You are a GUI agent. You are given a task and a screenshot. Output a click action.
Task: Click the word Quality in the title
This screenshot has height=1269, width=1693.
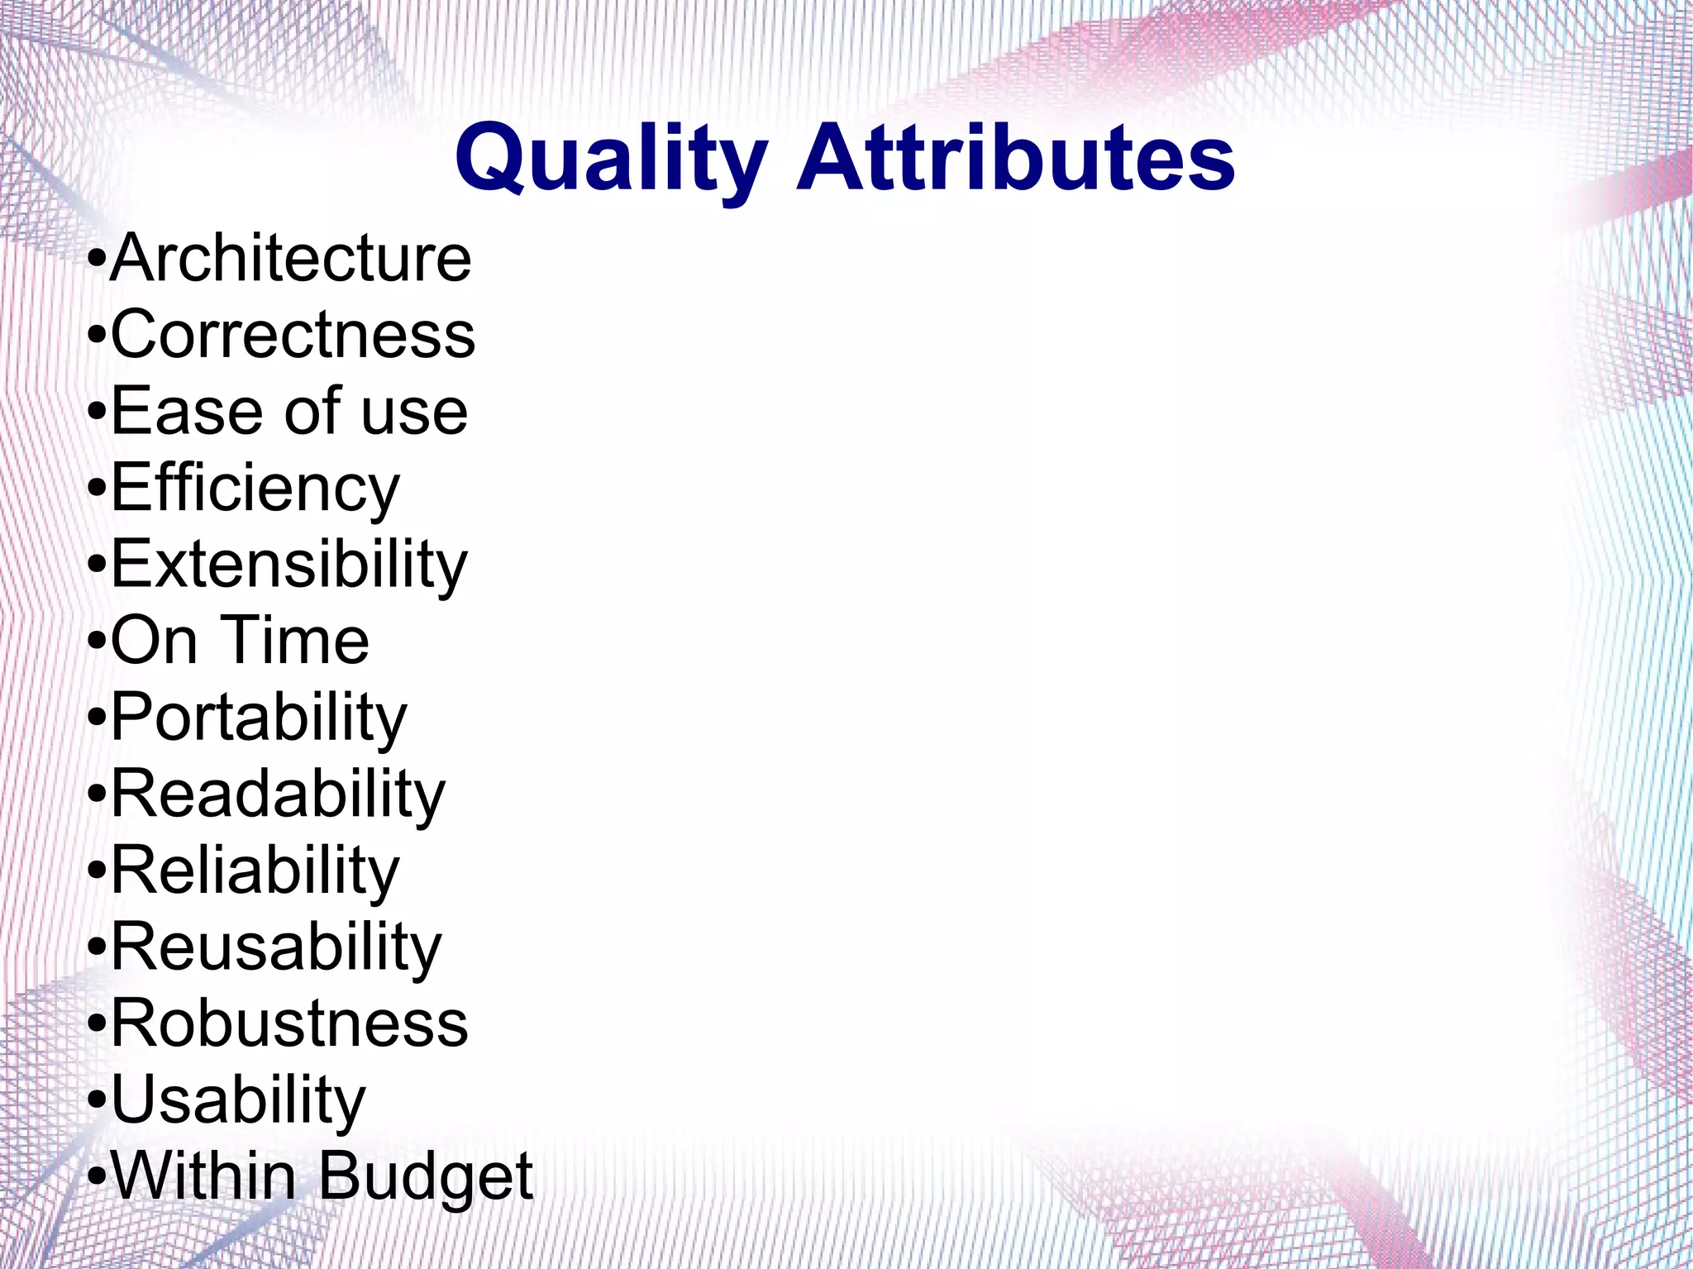pos(610,159)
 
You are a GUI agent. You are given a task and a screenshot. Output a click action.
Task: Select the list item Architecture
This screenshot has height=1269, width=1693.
pos(290,259)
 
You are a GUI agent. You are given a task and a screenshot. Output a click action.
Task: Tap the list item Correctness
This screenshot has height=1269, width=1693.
pos(293,335)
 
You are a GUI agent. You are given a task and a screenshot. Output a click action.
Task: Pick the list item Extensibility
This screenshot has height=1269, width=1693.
pos(289,565)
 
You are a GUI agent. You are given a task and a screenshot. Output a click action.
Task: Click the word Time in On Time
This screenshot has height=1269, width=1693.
pos(297,641)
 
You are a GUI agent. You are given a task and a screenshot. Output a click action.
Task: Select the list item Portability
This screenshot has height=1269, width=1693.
pos(259,718)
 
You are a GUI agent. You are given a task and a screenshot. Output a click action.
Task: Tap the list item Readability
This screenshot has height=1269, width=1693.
pos(278,794)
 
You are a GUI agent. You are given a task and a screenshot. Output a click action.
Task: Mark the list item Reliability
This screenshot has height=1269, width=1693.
pos(255,871)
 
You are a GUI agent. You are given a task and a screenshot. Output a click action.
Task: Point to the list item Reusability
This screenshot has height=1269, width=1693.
pos(276,947)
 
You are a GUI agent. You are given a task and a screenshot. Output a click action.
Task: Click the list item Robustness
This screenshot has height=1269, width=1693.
pos(289,1023)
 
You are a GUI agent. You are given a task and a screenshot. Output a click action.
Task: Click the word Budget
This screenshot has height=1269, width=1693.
pos(426,1177)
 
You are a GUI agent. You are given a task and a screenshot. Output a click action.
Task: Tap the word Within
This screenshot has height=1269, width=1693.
pos(203,1176)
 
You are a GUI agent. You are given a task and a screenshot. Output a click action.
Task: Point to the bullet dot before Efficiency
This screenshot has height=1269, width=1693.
pos(97,491)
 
